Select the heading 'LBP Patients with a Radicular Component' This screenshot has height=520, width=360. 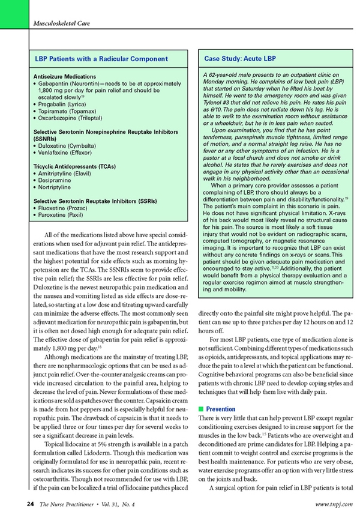(x=100, y=59)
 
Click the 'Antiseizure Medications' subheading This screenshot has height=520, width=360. (x=65, y=77)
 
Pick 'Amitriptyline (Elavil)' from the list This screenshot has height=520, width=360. (x=68, y=172)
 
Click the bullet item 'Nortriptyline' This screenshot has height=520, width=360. (x=57, y=187)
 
